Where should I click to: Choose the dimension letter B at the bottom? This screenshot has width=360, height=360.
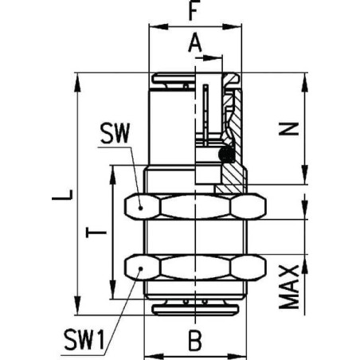194,340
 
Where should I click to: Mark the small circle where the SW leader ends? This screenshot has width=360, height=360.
141,205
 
